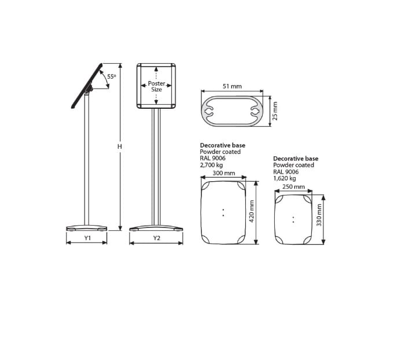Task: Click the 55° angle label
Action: coord(111,76)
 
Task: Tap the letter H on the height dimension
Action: coord(120,146)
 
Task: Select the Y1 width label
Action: coord(88,238)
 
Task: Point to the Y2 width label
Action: coord(156,238)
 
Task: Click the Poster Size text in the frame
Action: coord(156,86)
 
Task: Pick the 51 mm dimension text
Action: coord(232,86)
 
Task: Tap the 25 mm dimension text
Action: coord(275,111)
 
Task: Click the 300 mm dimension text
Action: coord(224,173)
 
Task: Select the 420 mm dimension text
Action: coord(251,211)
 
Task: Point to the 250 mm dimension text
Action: coord(293,186)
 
